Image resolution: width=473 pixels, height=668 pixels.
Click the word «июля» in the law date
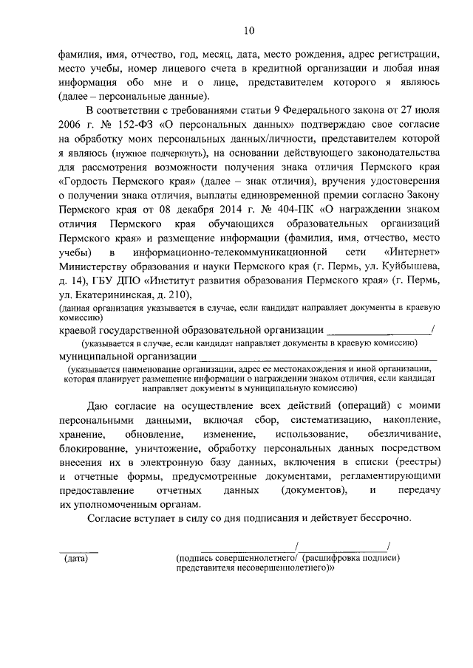pos(427,108)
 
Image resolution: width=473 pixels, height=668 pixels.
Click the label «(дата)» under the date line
pos(75,559)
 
